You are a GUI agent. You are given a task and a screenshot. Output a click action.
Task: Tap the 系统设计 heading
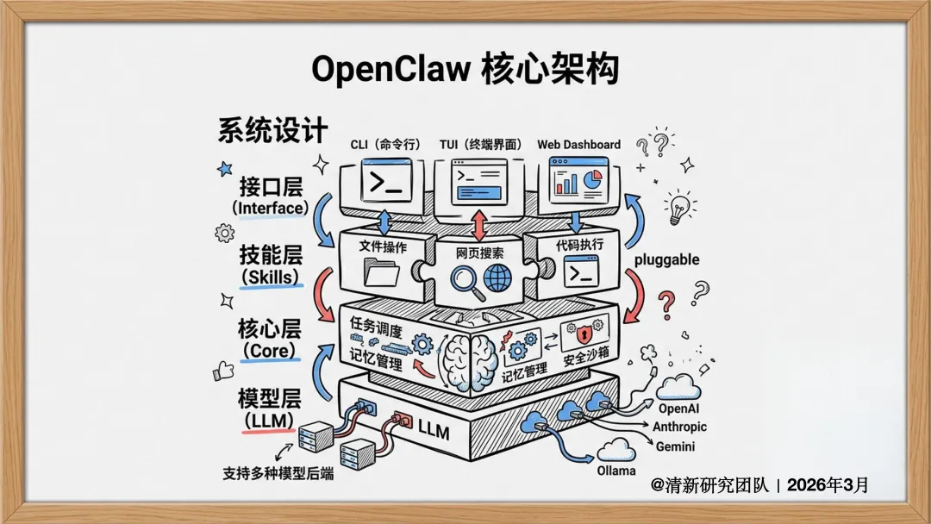click(272, 130)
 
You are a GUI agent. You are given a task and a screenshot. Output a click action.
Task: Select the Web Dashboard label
click(578, 144)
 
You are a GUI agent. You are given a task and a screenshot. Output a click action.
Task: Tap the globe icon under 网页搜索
click(497, 277)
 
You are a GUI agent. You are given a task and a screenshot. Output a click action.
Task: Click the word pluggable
click(666, 259)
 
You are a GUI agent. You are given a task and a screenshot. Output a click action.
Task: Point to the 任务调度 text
click(375, 324)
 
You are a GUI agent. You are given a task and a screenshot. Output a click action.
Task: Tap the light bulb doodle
click(680, 208)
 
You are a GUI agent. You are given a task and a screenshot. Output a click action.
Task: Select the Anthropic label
click(679, 427)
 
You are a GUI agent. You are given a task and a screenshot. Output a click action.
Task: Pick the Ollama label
click(615, 471)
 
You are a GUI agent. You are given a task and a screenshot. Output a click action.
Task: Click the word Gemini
click(675, 446)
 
